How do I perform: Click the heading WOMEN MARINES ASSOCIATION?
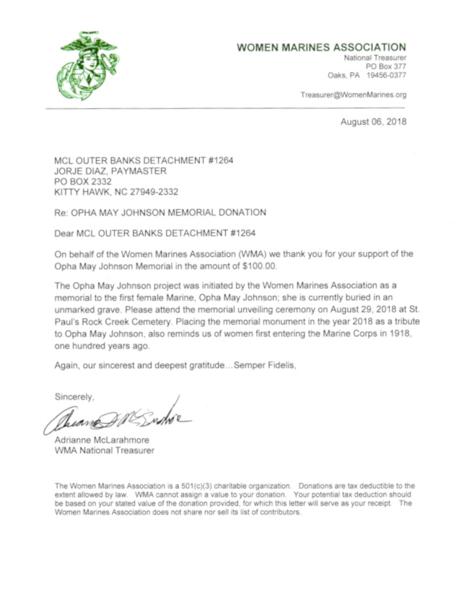click(321, 48)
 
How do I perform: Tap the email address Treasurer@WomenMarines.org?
click(354, 95)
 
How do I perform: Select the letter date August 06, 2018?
click(373, 121)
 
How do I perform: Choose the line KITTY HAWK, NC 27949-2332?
click(116, 192)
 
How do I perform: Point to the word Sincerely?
click(74, 396)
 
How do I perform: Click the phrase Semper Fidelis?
click(260, 366)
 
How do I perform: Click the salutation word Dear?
click(66, 233)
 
